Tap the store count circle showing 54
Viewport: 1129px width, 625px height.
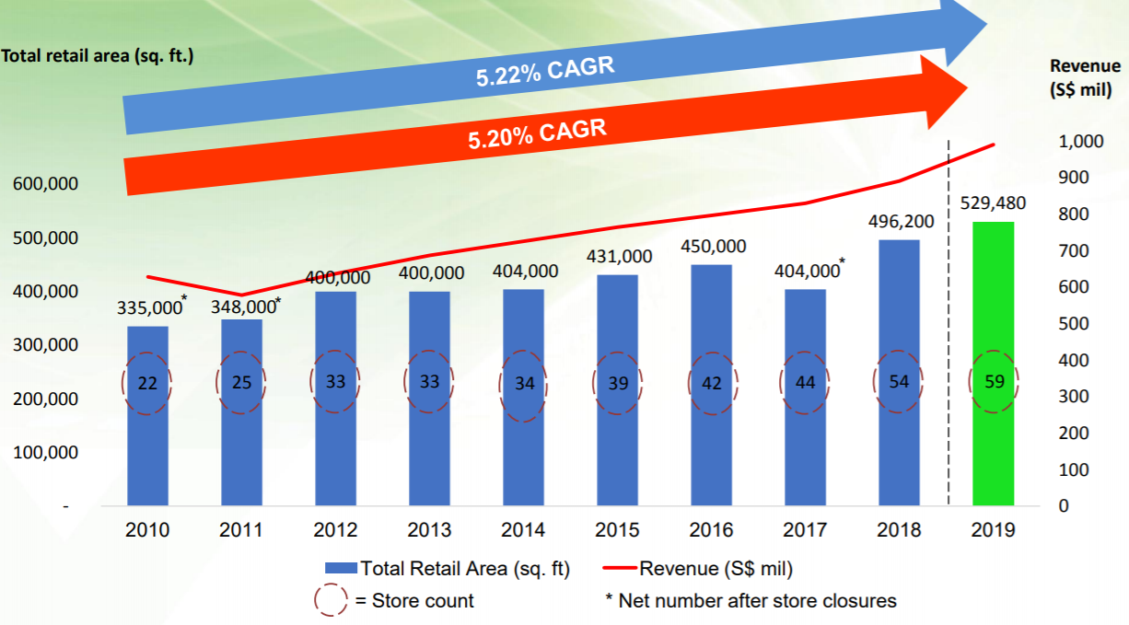pyautogui.click(x=899, y=381)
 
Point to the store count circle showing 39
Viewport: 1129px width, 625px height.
pyautogui.click(x=617, y=383)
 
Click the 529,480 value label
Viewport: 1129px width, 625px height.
pyautogui.click(x=992, y=203)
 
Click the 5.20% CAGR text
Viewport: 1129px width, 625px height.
pyautogui.click(x=537, y=134)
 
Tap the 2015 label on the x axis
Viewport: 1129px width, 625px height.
pyautogui.click(x=617, y=530)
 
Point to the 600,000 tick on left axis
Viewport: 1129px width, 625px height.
pyautogui.click(x=45, y=184)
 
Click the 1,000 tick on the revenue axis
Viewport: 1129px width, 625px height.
pyautogui.click(x=1080, y=142)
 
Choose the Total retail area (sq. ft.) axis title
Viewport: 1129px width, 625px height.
pyautogui.click(x=98, y=56)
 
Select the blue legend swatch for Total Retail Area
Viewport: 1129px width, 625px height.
pyautogui.click(x=340, y=569)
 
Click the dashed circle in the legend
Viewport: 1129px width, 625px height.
pyautogui.click(x=330, y=601)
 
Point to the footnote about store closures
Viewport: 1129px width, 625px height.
pyautogui.click(x=751, y=601)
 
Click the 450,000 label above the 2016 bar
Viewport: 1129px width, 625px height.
pyautogui.click(x=714, y=247)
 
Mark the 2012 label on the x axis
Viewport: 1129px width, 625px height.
pyautogui.click(x=335, y=530)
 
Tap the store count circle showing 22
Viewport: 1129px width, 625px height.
pyautogui.click(x=147, y=384)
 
